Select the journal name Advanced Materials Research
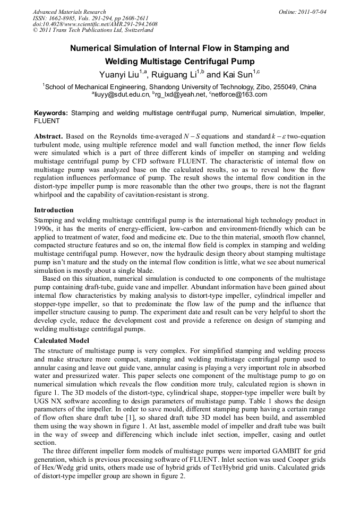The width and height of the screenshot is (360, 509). point(70,12)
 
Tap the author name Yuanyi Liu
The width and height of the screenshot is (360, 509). point(118,75)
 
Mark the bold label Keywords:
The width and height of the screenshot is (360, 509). point(51,113)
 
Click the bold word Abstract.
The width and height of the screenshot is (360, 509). point(49,136)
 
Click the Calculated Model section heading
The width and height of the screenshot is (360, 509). point(62,340)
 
